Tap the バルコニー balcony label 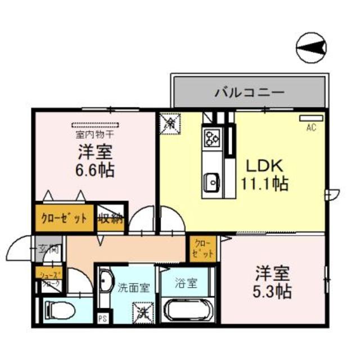point(249,92)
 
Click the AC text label point(311,128)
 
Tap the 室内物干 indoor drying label point(95,135)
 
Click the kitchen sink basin point(212,181)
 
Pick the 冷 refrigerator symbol point(170,122)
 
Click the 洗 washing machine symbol point(141,311)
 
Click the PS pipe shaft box point(102,318)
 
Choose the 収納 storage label point(112,218)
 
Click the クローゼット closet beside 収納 point(64,218)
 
